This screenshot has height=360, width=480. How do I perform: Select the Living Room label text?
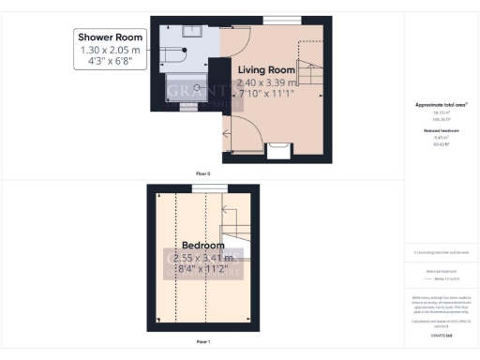pyautogui.click(x=266, y=70)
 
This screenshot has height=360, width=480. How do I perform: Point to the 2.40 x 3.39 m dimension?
pyautogui.click(x=266, y=82)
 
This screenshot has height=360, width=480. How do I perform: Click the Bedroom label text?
pyautogui.click(x=203, y=246)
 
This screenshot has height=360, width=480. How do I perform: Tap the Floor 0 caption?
pyautogui.click(x=202, y=174)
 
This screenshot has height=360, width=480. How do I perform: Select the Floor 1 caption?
pyautogui.click(x=202, y=342)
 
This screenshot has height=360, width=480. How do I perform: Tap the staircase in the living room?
pyautogui.click(x=309, y=70)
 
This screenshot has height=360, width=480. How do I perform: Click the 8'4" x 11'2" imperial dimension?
pyautogui.click(x=204, y=269)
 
